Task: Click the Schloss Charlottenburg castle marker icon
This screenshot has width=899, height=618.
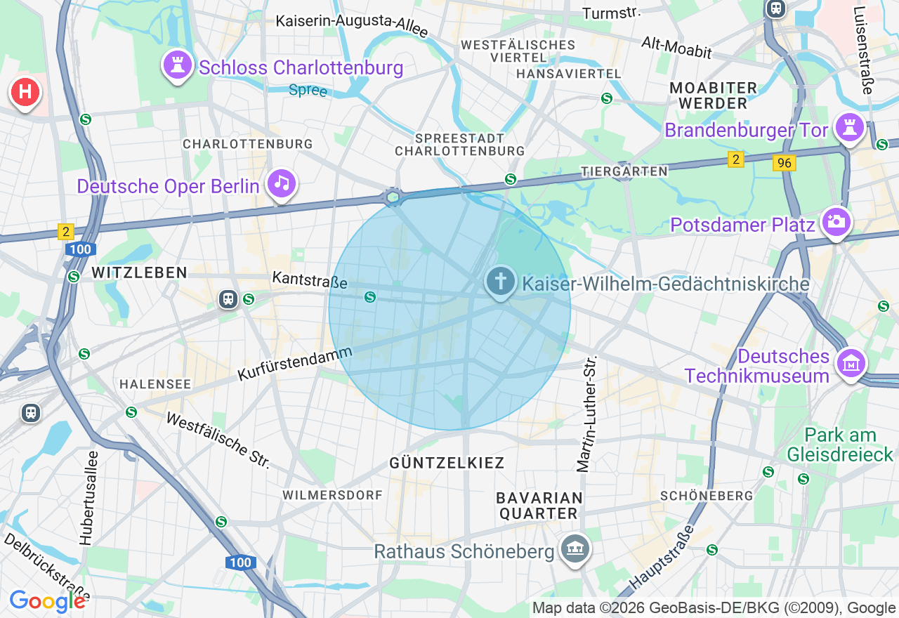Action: (178, 65)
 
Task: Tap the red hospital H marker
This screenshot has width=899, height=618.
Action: (25, 92)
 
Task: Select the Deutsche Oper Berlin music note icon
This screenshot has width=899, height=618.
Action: (282, 183)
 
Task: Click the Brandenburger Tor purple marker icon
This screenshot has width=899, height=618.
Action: (851, 128)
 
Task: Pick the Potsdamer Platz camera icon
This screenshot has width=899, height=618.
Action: (836, 223)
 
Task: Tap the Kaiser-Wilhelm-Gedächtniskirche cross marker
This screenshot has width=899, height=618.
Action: (500, 282)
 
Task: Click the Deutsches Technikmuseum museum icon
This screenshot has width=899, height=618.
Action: (851, 363)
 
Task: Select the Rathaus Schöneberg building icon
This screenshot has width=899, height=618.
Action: (575, 548)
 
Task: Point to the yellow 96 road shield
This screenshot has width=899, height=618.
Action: (784, 163)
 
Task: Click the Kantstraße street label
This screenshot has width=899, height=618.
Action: (310, 280)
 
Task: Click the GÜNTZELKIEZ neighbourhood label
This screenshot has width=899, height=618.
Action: (447, 463)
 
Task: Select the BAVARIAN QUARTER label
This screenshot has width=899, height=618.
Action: (539, 506)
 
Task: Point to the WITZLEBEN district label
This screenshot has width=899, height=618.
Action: (139, 272)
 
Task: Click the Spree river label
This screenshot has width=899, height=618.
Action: (308, 91)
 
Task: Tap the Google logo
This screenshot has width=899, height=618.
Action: (47, 601)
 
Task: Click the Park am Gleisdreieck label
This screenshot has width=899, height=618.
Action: (841, 445)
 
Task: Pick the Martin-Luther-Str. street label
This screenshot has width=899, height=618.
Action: (586, 414)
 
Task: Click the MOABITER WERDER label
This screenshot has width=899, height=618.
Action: (713, 96)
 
